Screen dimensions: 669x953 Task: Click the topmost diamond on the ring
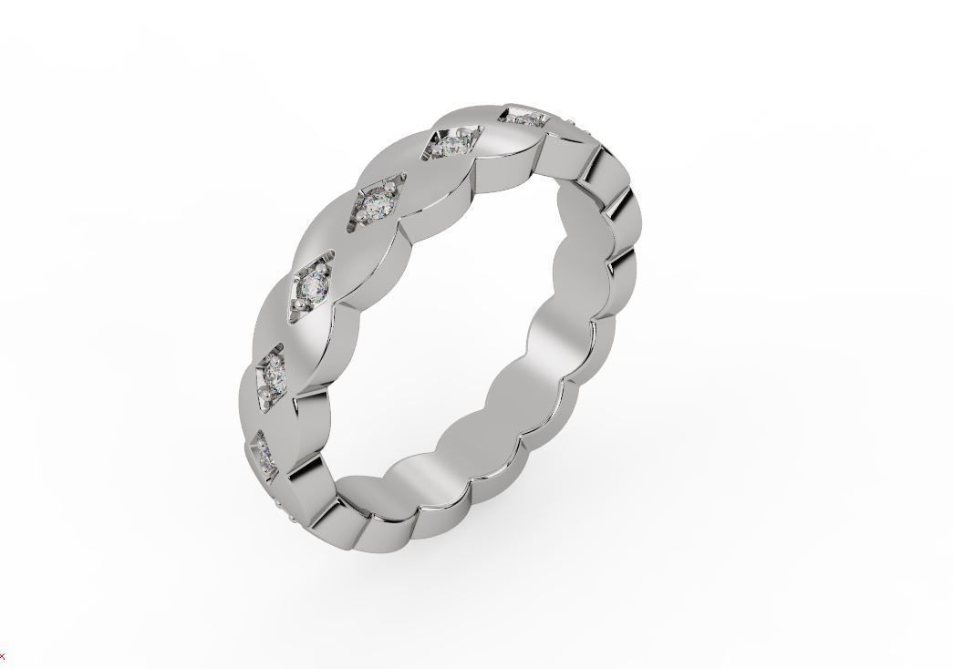click(523, 117)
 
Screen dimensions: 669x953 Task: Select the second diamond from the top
click(448, 144)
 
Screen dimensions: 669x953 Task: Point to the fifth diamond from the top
click(273, 375)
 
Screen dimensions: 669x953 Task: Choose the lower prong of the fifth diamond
click(264, 393)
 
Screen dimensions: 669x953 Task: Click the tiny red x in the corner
click(3, 656)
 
